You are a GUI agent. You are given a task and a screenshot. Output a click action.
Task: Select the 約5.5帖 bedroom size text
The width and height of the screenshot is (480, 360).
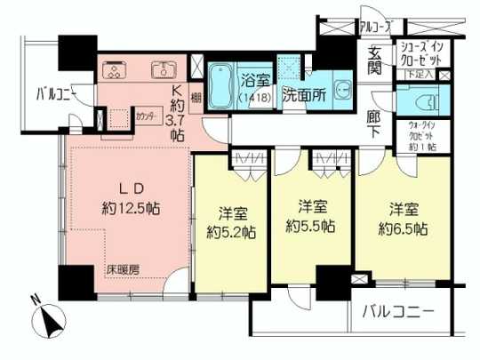pyautogui.click(x=310, y=226)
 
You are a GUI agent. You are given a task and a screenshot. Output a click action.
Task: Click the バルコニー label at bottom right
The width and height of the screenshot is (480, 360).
pyautogui.click(x=399, y=313)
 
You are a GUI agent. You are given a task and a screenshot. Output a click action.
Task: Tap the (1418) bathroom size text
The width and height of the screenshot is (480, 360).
pyautogui.click(x=252, y=99)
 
